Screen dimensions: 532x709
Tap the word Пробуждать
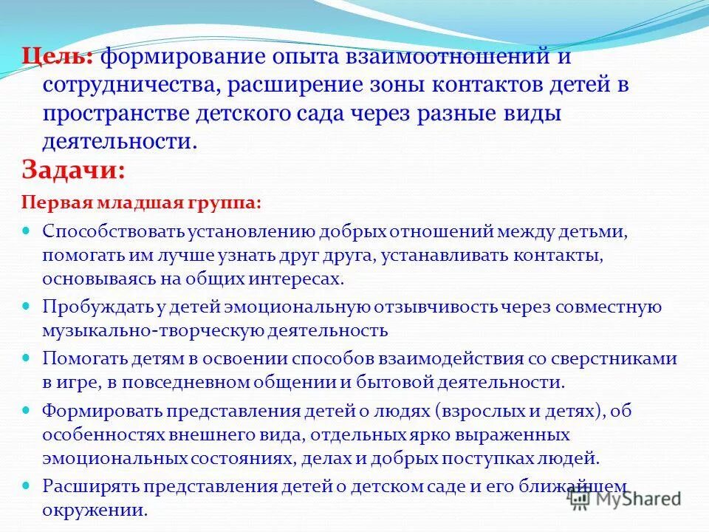coord(88,307)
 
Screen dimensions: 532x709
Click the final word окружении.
coord(95,510)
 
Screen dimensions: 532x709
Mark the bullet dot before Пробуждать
coord(27,304)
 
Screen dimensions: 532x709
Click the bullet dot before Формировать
coord(27,408)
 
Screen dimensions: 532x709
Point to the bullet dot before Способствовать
coord(27,230)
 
